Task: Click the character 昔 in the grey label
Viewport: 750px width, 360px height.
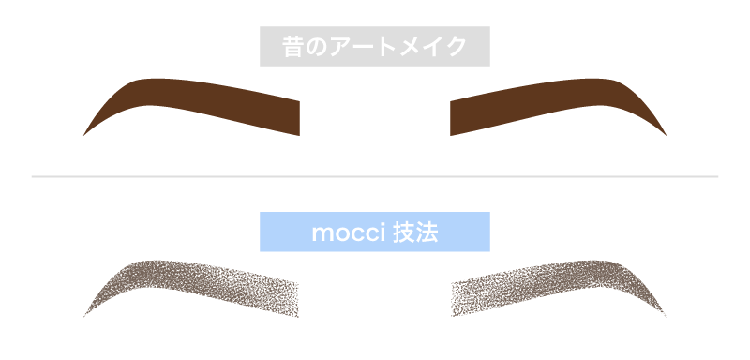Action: pos(293,46)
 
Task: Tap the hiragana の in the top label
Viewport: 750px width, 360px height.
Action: pos(319,47)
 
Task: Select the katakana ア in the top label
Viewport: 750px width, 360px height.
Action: pos(344,47)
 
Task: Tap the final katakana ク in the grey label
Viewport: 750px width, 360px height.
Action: pos(457,47)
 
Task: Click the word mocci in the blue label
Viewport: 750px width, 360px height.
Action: pos(343,232)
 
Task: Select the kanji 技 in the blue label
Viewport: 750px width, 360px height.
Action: pos(403,232)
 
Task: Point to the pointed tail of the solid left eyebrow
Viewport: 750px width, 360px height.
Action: pos(86,134)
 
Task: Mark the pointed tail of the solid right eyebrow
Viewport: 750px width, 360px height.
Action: pos(664,134)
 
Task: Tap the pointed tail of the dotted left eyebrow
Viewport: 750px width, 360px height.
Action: pos(86,315)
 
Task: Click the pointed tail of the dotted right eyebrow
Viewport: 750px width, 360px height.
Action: pos(664,315)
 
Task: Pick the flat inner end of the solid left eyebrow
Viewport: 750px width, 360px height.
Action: pos(296,117)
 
